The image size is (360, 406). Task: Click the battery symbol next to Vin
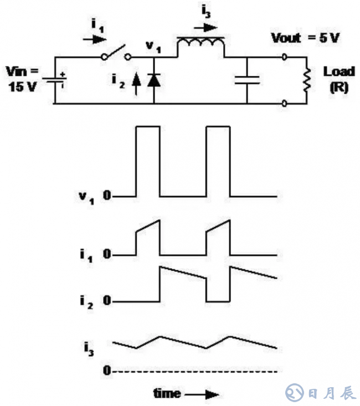click(56, 79)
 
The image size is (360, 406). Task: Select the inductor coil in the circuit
click(200, 47)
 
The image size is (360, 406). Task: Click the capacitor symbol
click(246, 79)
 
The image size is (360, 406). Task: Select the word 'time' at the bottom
click(167, 394)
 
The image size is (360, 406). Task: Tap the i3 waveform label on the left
click(89, 348)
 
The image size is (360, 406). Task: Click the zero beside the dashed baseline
click(106, 371)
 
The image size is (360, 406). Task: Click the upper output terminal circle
click(285, 56)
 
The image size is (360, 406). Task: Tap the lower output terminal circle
click(285, 103)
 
